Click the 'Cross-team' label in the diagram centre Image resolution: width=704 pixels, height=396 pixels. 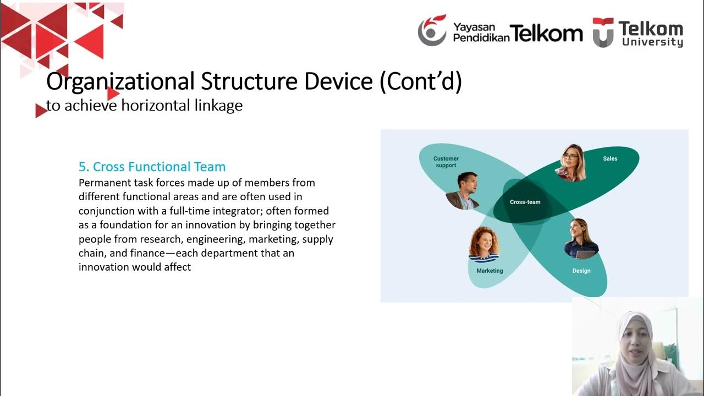pyautogui.click(x=525, y=202)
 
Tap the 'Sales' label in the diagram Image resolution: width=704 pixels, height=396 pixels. pyautogui.click(x=610, y=159)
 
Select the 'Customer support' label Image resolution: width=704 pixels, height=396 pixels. pyautogui.click(x=446, y=162)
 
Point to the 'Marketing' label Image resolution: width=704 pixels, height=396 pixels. pyautogui.click(x=490, y=271)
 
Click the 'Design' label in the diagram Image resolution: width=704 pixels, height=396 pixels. pyautogui.click(x=581, y=271)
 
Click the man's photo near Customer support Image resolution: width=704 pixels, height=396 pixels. pyautogui.click(x=463, y=191)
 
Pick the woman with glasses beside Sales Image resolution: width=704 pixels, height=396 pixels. pyautogui.click(x=570, y=163)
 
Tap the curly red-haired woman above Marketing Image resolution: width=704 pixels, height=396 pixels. pyautogui.click(x=484, y=245)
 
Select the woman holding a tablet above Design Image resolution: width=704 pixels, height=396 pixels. pyautogui.click(x=581, y=239)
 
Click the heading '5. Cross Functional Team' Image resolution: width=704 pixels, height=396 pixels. pyautogui.click(x=152, y=167)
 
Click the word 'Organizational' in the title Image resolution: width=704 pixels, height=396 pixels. pyautogui.click(x=120, y=81)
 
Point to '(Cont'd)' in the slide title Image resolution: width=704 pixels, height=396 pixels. pyautogui.click(x=421, y=81)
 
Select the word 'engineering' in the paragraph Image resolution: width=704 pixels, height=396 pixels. pyautogui.click(x=216, y=239)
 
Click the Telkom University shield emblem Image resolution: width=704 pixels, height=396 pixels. pyautogui.click(x=603, y=32)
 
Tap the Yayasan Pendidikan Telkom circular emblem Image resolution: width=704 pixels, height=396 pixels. pyautogui.click(x=432, y=30)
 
